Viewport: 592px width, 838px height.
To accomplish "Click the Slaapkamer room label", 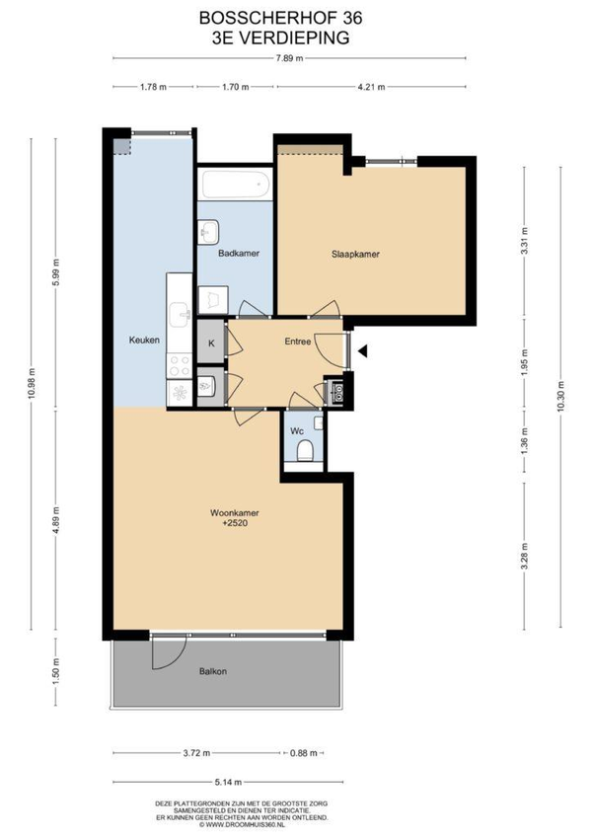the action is (355, 255).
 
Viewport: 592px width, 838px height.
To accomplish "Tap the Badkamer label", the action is (239, 254).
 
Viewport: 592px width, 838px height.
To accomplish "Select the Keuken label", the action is (144, 340).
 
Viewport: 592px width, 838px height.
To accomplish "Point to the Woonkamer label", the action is (235, 513).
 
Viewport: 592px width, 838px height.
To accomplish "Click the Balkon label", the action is (213, 671).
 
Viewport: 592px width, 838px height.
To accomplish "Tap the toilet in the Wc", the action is (305, 450).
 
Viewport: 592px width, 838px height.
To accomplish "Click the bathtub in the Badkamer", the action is (235, 185).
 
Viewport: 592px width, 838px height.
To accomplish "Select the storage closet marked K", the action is (211, 343).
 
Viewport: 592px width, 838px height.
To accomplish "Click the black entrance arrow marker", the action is (363, 351).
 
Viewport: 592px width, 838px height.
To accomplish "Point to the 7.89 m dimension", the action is (289, 58).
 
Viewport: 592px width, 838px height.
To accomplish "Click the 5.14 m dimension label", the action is (228, 782).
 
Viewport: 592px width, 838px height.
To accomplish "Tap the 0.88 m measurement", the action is (304, 753).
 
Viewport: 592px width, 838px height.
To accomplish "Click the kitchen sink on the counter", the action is (179, 314).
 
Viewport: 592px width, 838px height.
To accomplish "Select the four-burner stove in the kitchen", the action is (179, 366).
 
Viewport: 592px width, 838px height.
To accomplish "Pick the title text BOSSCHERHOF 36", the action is (280, 19).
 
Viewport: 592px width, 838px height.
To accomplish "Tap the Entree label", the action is (298, 342).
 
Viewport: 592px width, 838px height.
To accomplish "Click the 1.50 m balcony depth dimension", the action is (56, 671).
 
